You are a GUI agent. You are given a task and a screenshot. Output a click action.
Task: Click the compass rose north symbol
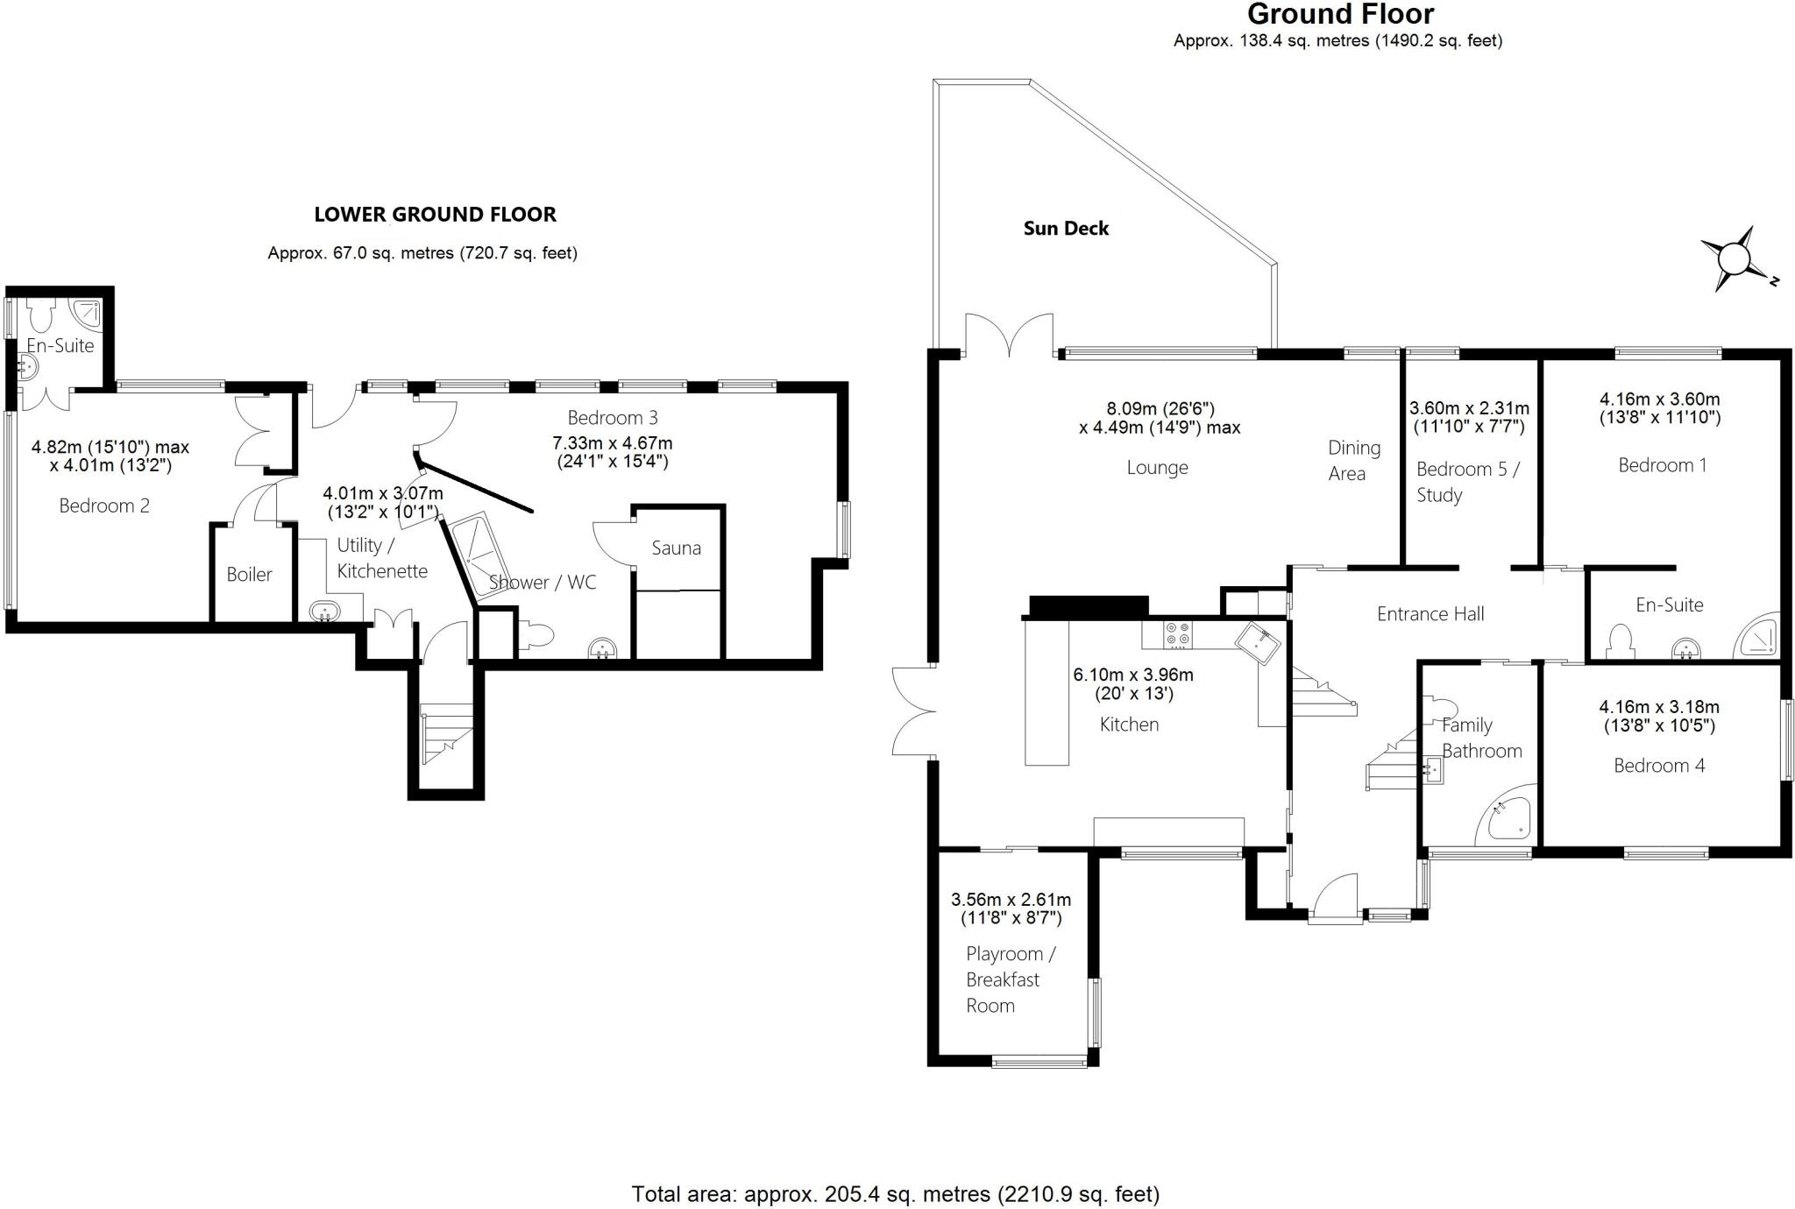1734,259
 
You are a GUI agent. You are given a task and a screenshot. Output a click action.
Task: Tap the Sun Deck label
1066,229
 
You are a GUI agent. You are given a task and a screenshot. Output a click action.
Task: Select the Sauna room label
676,548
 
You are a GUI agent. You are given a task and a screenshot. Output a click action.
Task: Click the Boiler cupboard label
249,575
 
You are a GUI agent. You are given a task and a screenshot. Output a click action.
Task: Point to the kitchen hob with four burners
1176,634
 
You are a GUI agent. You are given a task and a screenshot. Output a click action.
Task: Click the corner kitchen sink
1259,641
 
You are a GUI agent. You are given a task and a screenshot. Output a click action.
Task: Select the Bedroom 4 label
1659,766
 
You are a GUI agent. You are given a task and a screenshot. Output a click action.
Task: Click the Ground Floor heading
1340,15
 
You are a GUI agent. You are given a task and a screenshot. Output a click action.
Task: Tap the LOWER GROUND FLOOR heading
435,215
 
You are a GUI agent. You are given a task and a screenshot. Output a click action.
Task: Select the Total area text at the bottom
895,1193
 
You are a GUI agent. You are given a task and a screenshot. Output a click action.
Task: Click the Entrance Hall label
1430,614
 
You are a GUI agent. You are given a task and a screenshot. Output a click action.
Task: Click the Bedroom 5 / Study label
1467,482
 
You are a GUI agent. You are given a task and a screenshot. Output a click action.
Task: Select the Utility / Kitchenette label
382,558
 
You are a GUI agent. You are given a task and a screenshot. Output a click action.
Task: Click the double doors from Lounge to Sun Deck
1008,336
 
